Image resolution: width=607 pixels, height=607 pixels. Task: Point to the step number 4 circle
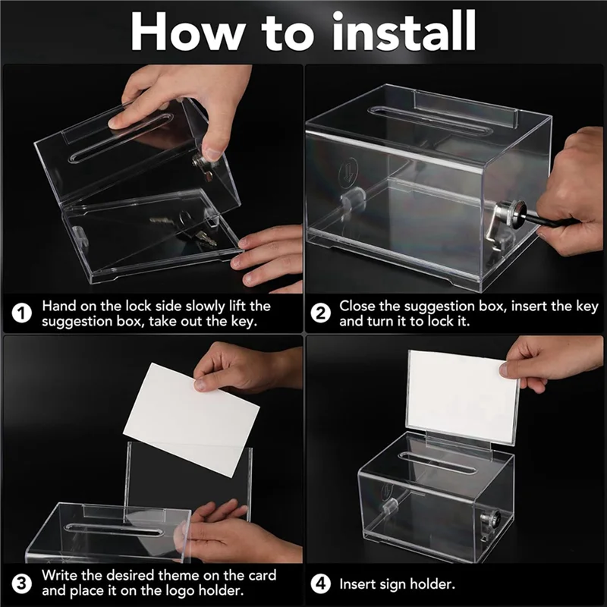[x=322, y=584]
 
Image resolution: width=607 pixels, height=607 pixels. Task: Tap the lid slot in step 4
[x=429, y=458]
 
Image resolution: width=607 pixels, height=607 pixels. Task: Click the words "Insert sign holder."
[x=397, y=584]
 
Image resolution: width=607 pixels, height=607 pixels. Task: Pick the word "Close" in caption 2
[x=357, y=307]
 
